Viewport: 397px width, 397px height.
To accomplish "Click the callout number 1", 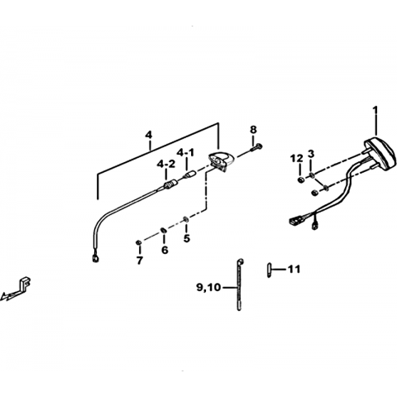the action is coord(375,112).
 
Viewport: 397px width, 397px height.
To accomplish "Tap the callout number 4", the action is coord(149,135).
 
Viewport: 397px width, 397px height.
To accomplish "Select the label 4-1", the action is coord(185,152).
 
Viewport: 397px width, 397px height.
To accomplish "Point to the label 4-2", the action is coord(166,165).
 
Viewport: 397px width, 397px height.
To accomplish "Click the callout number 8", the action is coord(253,129).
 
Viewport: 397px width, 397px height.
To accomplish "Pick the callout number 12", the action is coord(296,159).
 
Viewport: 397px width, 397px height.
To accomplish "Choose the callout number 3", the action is coord(311,154).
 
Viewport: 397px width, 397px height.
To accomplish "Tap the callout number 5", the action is coord(187,238).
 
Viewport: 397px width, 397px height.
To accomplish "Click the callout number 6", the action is coord(165,250).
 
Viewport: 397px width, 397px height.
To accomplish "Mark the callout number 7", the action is coord(140,260).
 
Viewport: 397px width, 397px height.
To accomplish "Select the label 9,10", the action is coord(208,288).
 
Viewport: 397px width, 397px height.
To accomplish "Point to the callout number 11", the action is coord(294,269).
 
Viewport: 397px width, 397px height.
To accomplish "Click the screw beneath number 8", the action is coord(256,147).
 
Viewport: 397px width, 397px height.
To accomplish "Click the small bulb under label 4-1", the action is coord(189,175).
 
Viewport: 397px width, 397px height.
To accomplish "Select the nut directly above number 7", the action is coord(139,242).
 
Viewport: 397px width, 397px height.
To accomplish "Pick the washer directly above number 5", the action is coord(186,219).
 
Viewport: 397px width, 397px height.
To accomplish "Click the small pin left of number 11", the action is coord(269,270).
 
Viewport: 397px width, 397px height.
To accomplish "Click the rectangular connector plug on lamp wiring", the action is coord(295,220).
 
